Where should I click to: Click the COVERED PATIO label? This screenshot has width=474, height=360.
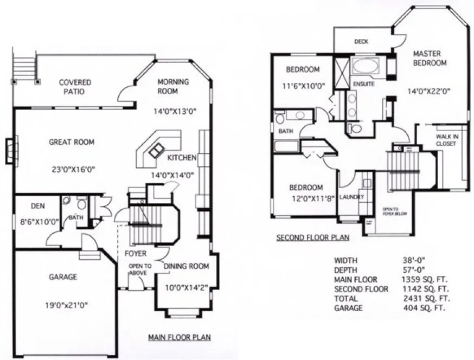click(75, 87)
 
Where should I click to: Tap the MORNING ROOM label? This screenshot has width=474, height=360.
click(173, 86)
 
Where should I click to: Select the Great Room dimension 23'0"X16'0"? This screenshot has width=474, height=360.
click(72, 169)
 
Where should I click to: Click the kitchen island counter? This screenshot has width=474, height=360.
click(159, 148)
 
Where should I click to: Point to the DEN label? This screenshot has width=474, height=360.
click(37, 206)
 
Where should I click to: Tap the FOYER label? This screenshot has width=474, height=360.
click(136, 253)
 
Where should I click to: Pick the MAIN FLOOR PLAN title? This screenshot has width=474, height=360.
click(180, 337)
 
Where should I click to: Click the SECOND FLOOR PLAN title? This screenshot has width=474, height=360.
click(312, 237)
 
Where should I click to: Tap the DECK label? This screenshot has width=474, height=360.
click(362, 41)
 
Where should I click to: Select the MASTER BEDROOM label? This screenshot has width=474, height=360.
click(430, 58)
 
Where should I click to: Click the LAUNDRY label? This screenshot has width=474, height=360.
click(351, 197)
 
